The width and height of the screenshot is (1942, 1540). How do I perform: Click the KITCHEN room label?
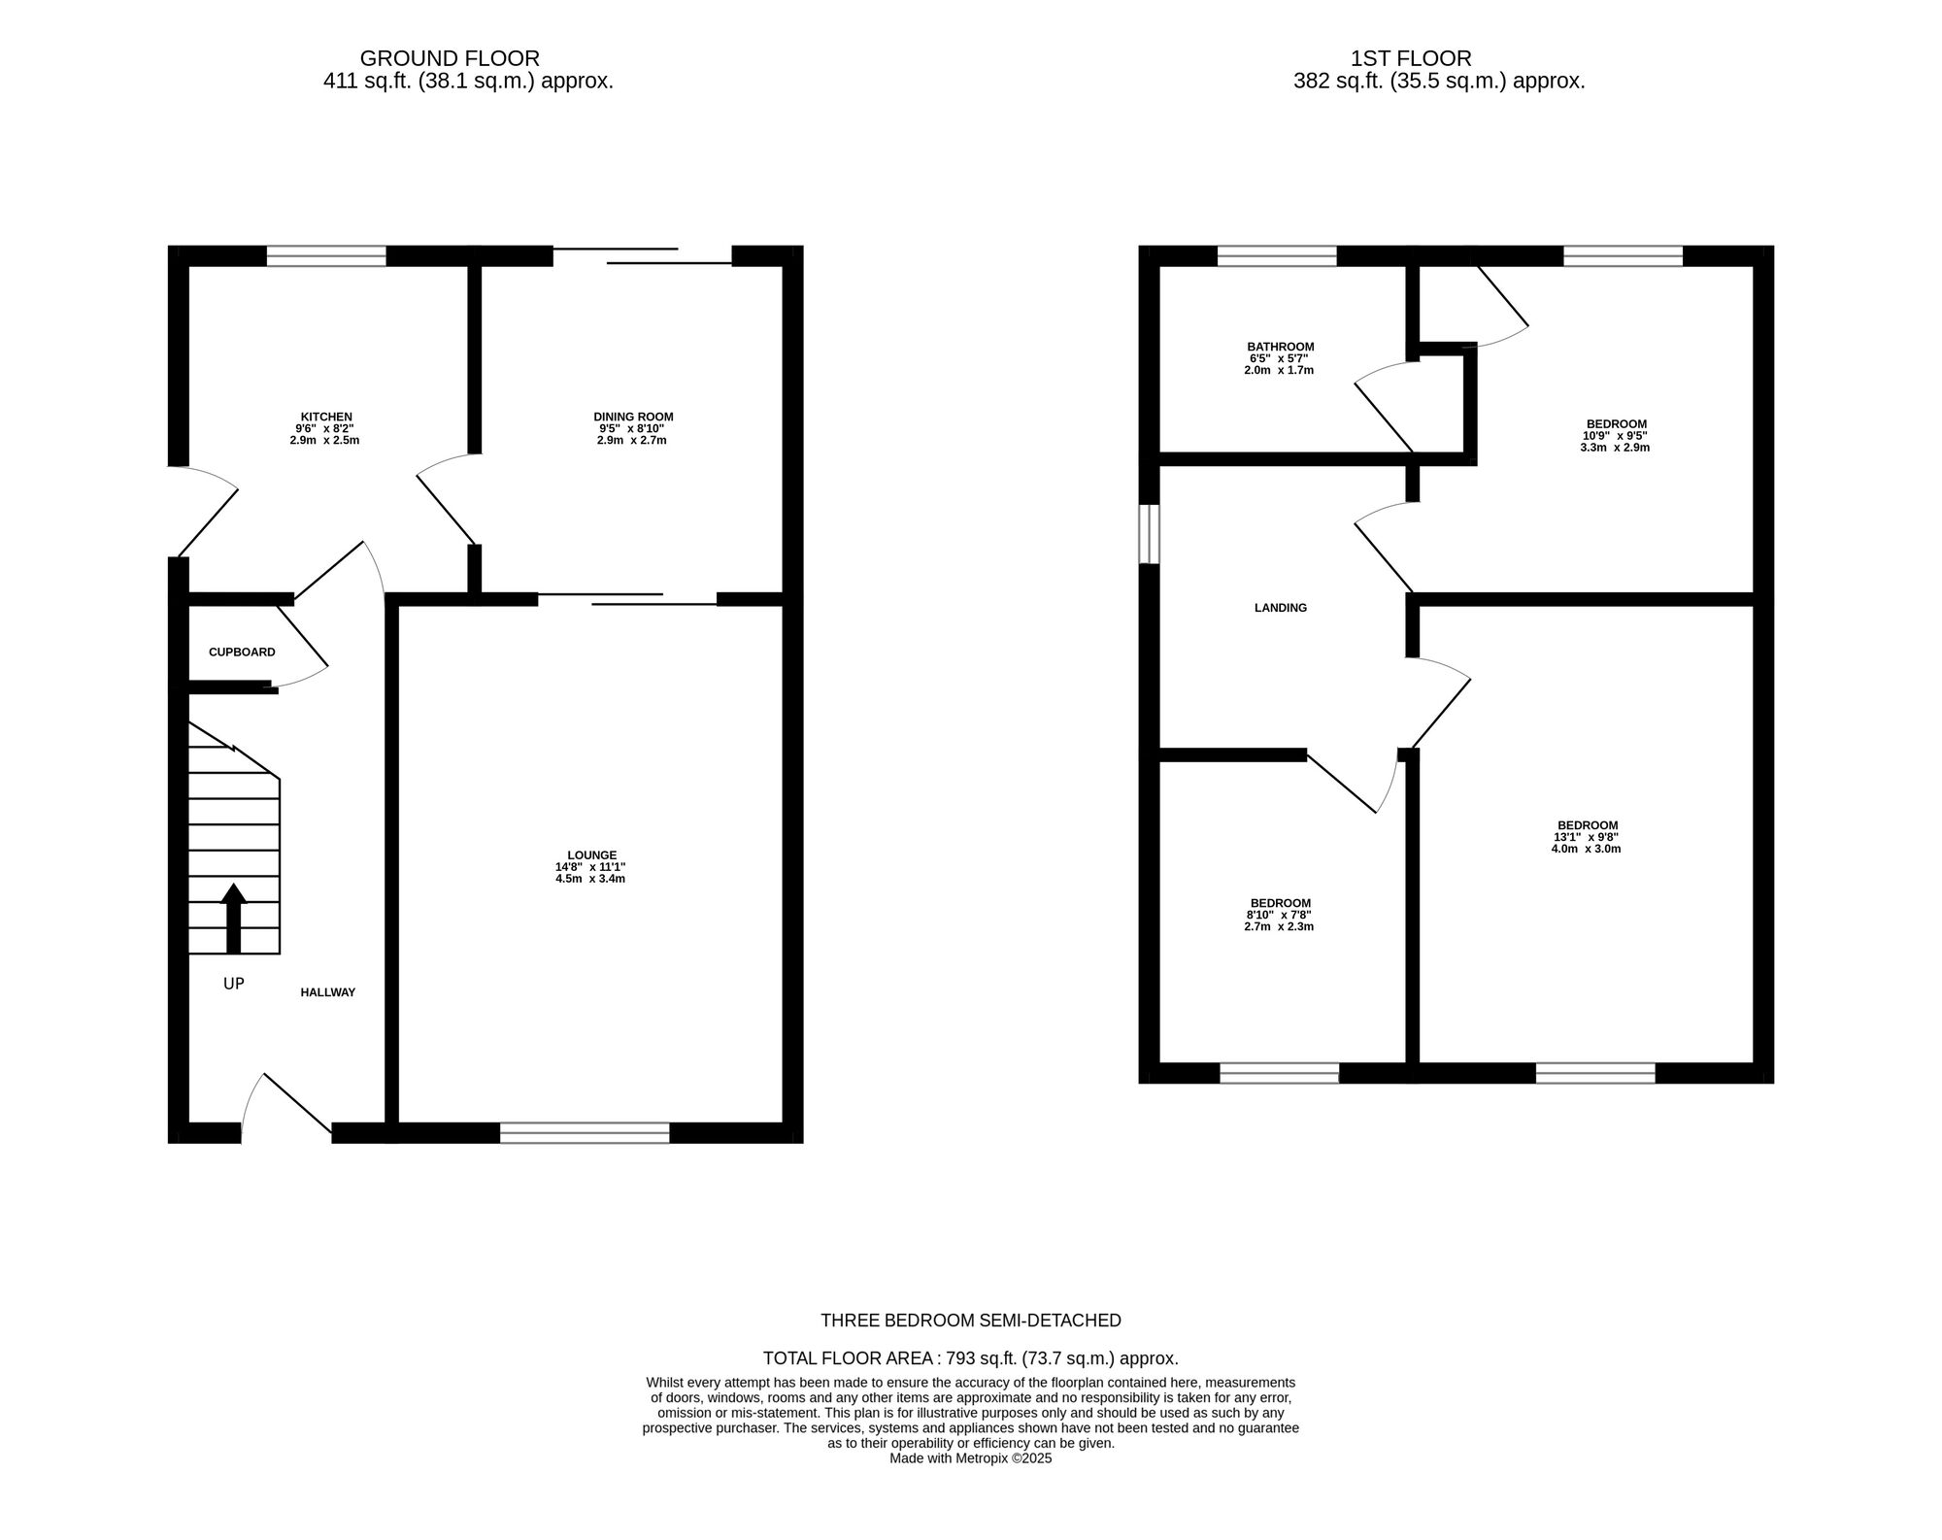pyautogui.click(x=325, y=417)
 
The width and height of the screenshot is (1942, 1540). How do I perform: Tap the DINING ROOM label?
pyautogui.click(x=632, y=417)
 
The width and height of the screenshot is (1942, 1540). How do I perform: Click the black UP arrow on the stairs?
pyautogui.click(x=233, y=918)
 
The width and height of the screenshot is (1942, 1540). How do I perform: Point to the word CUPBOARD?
pyautogui.click(x=242, y=653)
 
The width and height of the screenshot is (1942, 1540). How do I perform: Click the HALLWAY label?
pyautogui.click(x=327, y=992)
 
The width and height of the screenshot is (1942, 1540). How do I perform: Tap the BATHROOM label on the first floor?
pyautogui.click(x=1280, y=347)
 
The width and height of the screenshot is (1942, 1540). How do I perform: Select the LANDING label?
pyautogui.click(x=1280, y=608)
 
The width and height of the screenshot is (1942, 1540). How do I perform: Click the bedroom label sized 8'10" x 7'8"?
pyautogui.click(x=1280, y=903)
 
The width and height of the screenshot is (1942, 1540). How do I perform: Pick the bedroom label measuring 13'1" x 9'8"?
pyautogui.click(x=1586, y=825)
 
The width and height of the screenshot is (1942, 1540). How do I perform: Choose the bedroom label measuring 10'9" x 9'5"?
pyautogui.click(x=1616, y=423)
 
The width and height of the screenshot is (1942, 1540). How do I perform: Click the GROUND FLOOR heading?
pyautogui.click(x=450, y=58)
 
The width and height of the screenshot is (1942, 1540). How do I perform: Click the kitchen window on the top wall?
pyautogui.click(x=326, y=256)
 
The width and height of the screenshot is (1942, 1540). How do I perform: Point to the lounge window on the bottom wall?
pyautogui.click(x=585, y=1132)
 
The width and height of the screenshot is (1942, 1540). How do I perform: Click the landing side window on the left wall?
pyautogui.click(x=1149, y=533)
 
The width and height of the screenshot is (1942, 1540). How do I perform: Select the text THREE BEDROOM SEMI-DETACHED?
pyautogui.click(x=970, y=1321)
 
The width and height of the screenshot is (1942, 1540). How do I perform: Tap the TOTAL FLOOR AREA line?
pyautogui.click(x=970, y=1358)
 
